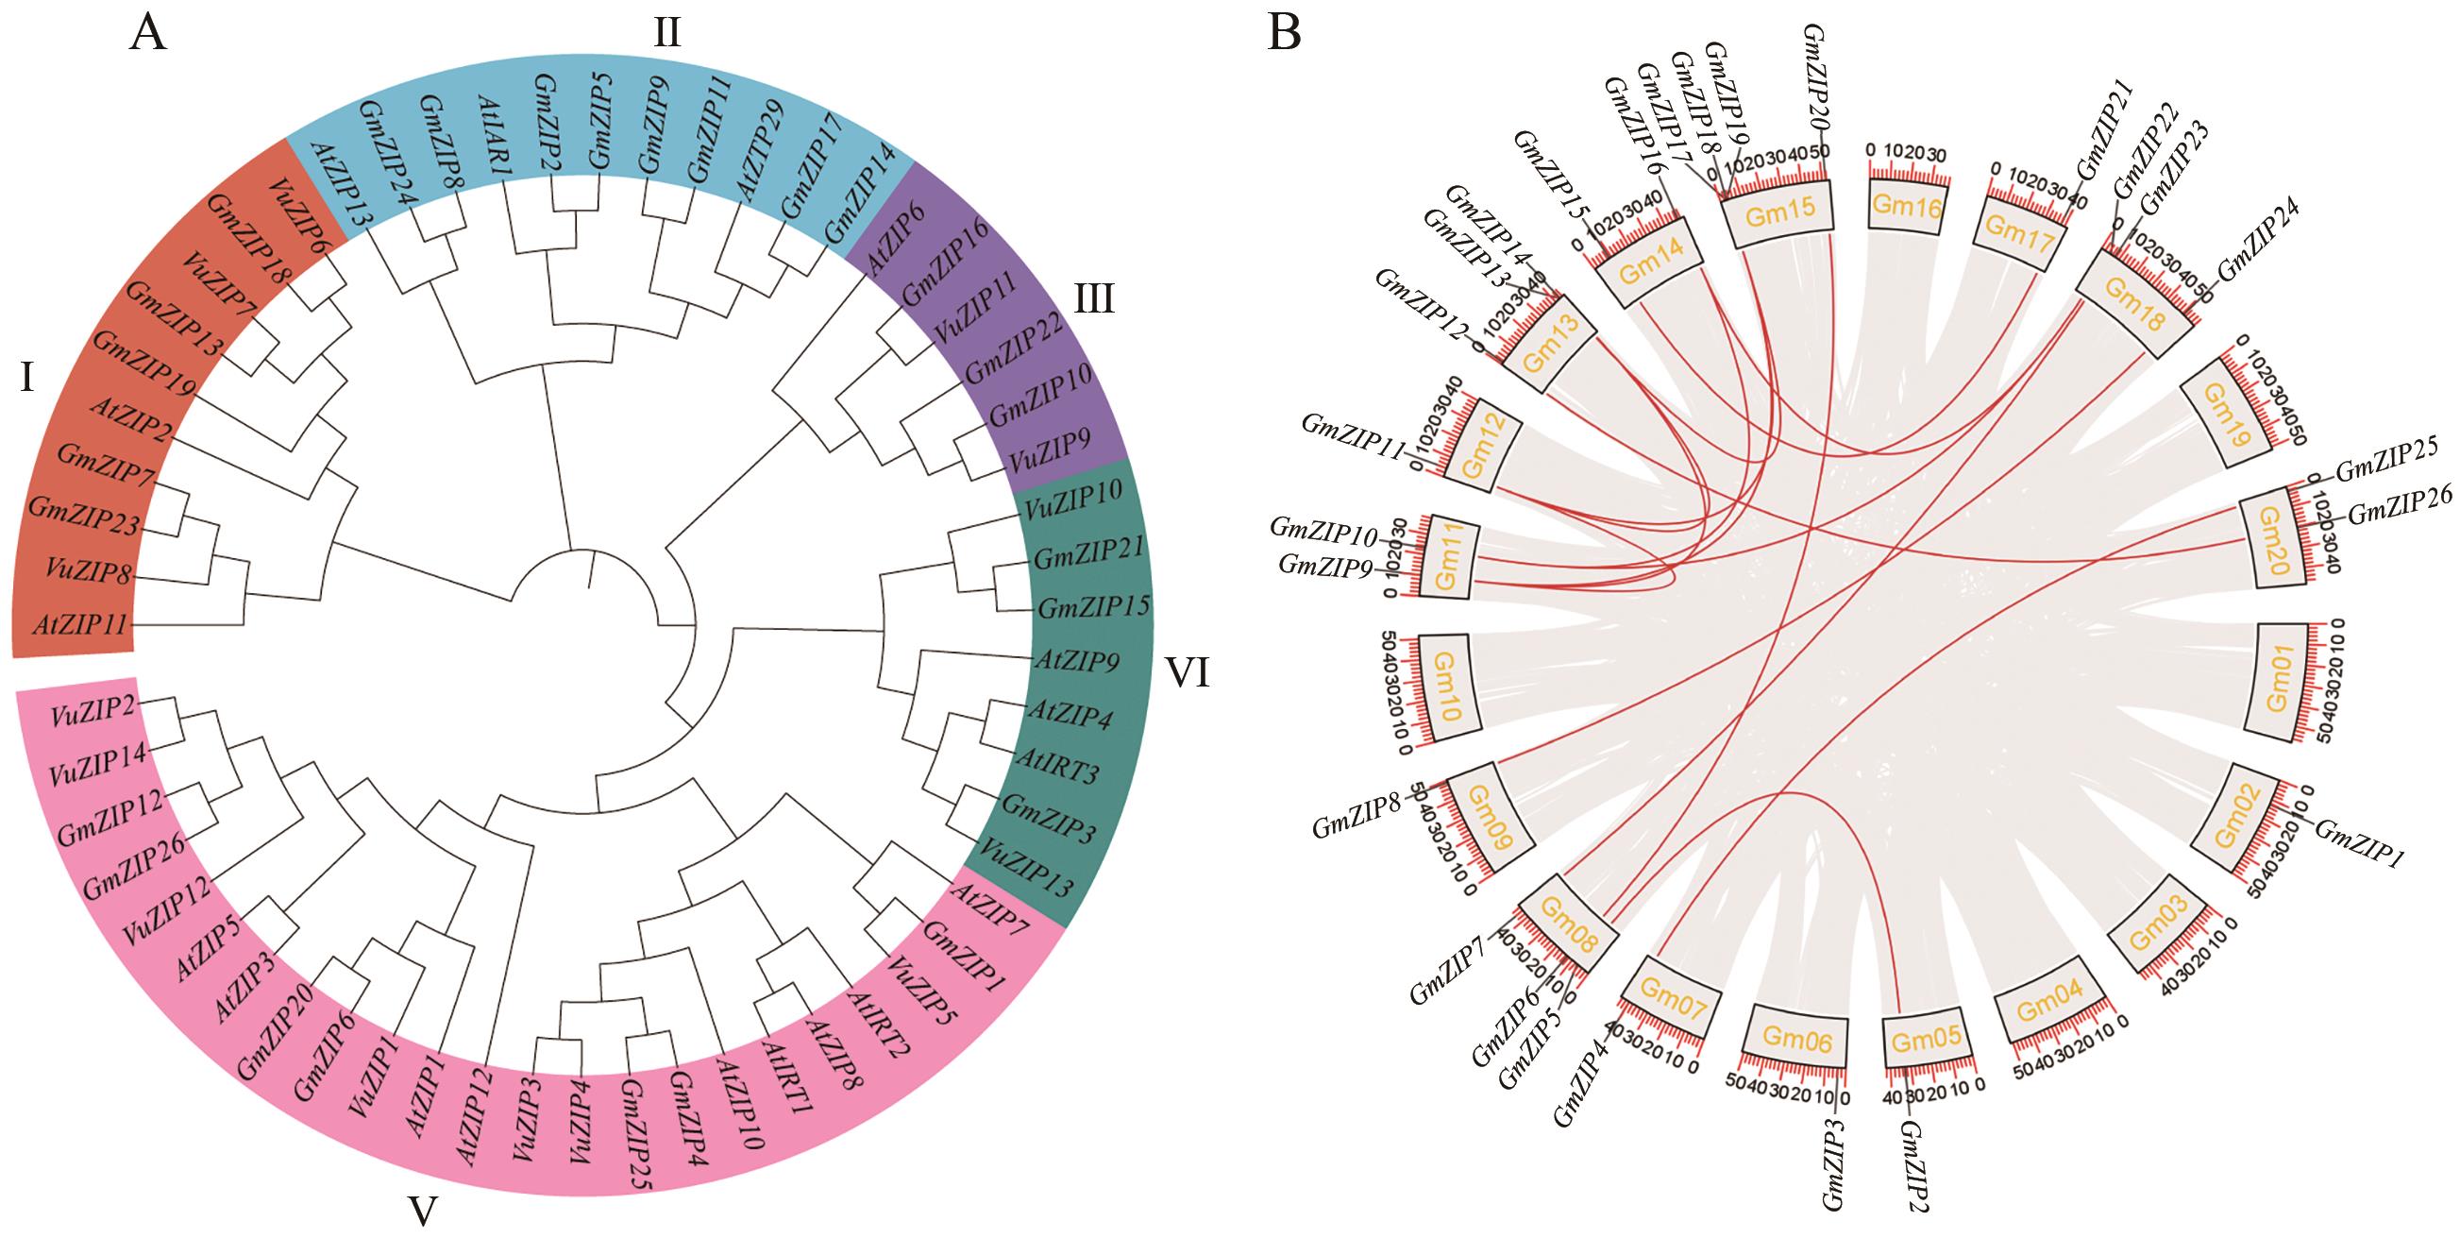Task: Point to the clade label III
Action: (x=1093, y=300)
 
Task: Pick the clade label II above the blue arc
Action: (x=666, y=32)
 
